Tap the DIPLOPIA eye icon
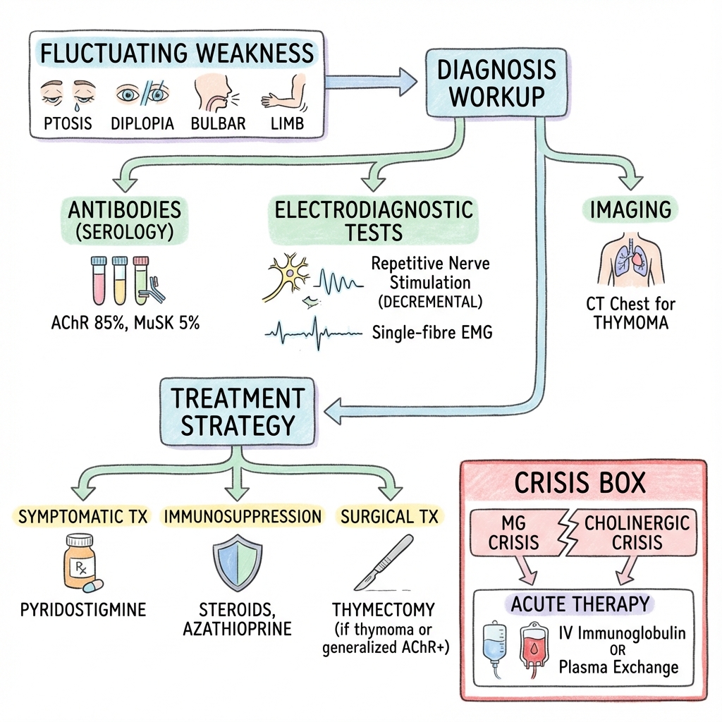coord(143,95)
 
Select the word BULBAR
coord(218,123)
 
